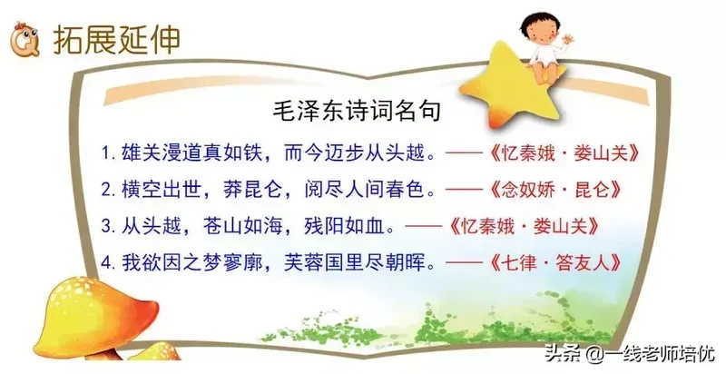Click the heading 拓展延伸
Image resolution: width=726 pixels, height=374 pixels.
[116, 40]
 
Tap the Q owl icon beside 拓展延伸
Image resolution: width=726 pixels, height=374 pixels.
[25, 39]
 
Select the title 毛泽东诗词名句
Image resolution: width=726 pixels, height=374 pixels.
[357, 112]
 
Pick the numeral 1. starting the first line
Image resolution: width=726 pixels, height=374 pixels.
[109, 153]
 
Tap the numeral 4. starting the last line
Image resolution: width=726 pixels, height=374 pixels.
[109, 263]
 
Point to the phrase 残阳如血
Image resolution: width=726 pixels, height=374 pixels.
[344, 226]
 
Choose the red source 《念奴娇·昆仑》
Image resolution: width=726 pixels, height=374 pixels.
[554, 190]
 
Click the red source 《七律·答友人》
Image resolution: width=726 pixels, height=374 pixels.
[554, 263]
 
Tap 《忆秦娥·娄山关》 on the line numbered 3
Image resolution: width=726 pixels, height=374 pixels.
[524, 226]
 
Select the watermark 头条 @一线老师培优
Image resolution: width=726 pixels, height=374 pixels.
[630, 355]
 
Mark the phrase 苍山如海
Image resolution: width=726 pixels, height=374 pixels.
[243, 226]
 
